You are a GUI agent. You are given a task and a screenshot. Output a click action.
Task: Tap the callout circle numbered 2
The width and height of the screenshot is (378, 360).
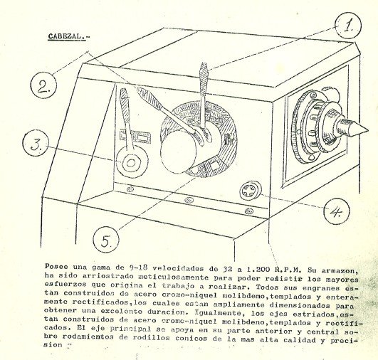click(x=42, y=88)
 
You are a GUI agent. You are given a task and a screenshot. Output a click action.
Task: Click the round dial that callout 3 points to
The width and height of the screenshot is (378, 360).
click(x=131, y=164)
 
